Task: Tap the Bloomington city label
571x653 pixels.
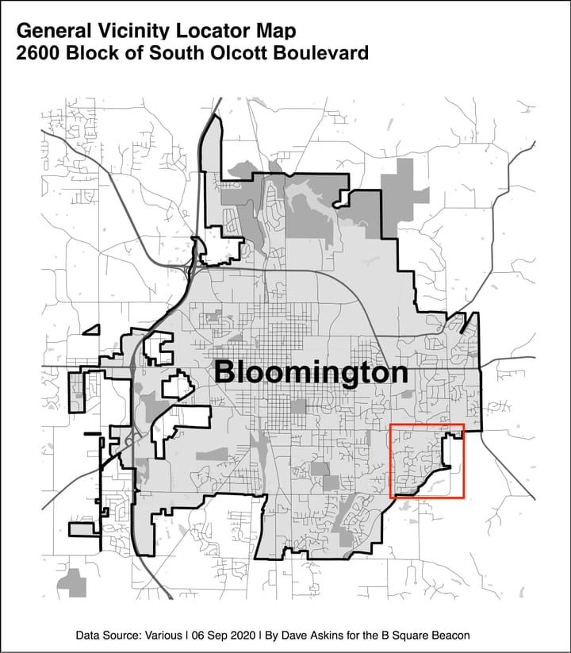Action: [312, 372]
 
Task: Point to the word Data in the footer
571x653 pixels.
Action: [89, 636]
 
